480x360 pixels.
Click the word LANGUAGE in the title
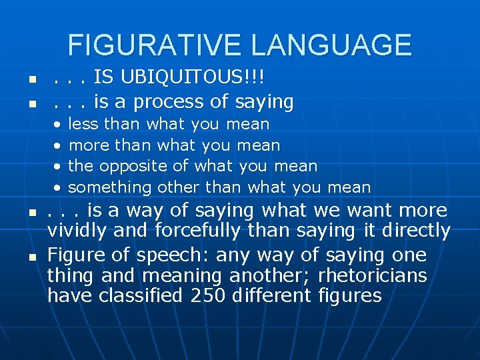point(332,45)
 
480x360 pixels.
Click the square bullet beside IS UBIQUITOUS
point(31,80)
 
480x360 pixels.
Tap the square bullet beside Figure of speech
point(31,257)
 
